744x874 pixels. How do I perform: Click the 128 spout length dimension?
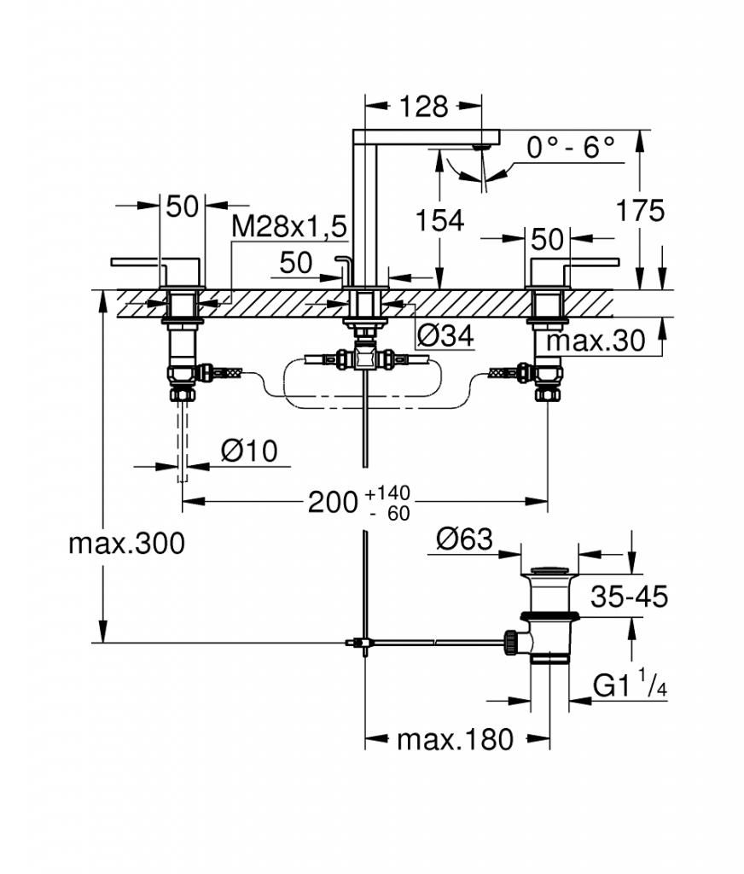pos(423,106)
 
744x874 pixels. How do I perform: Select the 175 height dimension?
pos(640,211)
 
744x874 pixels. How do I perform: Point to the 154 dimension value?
pos(439,220)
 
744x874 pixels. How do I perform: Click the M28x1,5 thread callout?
pos(289,226)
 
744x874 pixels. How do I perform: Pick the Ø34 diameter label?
pos(445,335)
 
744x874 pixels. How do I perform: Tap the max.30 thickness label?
pos(596,340)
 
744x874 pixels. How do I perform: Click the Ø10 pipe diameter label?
pos(248,451)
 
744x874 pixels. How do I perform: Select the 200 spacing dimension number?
pos(333,502)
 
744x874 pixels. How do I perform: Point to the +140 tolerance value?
pos(388,492)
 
